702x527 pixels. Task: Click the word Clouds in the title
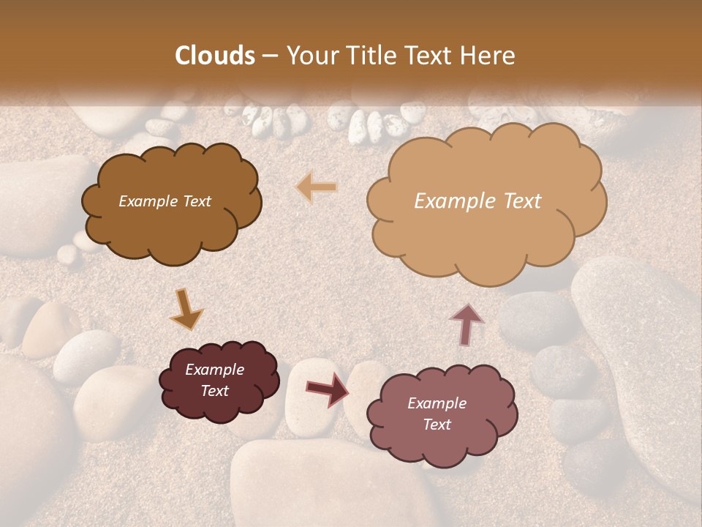pyautogui.click(x=215, y=56)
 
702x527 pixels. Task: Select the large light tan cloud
pyautogui.click(x=486, y=234)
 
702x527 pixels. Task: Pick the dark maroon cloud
pyautogui.click(x=219, y=406)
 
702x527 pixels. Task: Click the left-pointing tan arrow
pyautogui.click(x=317, y=187)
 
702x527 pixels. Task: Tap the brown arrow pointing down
pyautogui.click(x=186, y=309)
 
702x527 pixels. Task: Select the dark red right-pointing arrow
pyautogui.click(x=327, y=389)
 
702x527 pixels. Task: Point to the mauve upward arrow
pyautogui.click(x=466, y=323)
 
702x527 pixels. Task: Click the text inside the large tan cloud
pyautogui.click(x=478, y=201)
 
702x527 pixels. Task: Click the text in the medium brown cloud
pyautogui.click(x=165, y=201)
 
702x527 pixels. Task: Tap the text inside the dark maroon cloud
pyautogui.click(x=214, y=381)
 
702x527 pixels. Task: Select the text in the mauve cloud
pyautogui.click(x=437, y=414)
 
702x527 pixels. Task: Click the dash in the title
pyautogui.click(x=269, y=56)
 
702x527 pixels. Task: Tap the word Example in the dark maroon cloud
pyautogui.click(x=214, y=370)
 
